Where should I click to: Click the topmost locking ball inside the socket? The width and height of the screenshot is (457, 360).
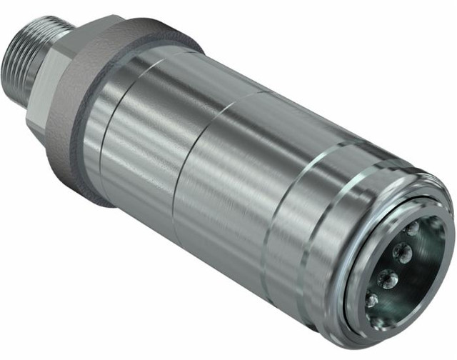[x=413, y=229]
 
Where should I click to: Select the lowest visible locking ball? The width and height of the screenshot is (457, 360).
[x=371, y=301]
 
